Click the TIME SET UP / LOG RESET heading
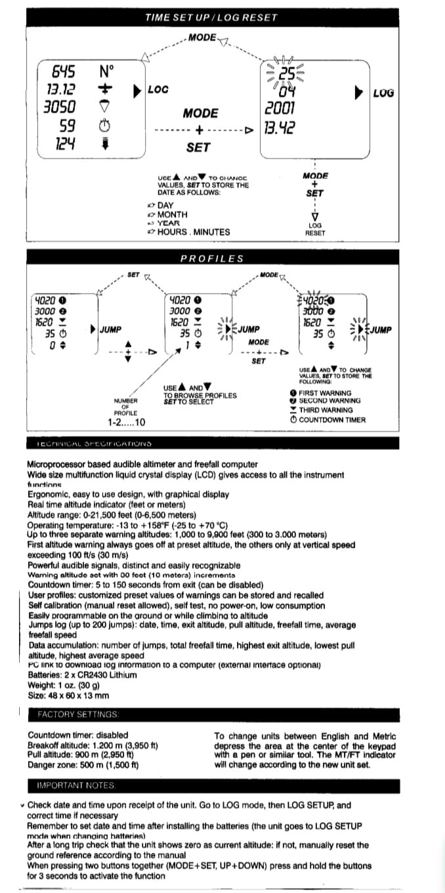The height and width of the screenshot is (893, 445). [x=211, y=17]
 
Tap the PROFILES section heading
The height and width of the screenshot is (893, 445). [x=211, y=259]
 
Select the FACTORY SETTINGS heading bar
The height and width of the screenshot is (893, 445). [x=77, y=713]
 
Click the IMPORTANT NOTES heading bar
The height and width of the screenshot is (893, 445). [x=74, y=785]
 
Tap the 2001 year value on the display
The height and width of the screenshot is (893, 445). [x=280, y=108]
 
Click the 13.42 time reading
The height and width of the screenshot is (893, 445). [x=280, y=128]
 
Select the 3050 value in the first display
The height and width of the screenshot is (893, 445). [x=58, y=107]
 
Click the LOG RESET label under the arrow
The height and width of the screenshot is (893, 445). [x=314, y=228]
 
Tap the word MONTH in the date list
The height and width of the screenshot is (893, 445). [x=173, y=214]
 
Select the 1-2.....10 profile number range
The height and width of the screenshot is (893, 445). [x=126, y=423]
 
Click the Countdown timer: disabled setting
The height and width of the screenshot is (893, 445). [x=78, y=735]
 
